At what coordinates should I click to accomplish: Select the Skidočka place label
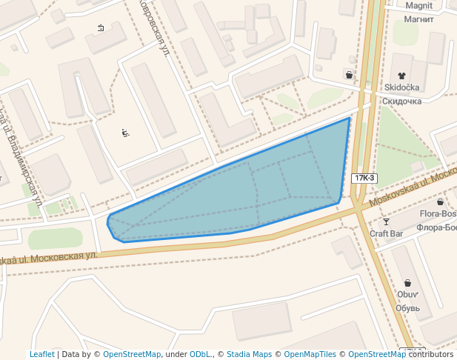coord(402,87)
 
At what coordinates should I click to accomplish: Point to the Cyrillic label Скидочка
coord(402,101)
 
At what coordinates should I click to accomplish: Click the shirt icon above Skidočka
coord(401,75)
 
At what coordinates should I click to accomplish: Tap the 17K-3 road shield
coord(364,178)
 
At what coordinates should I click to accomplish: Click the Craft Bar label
coord(386,233)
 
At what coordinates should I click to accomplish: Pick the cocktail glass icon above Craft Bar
coord(386,221)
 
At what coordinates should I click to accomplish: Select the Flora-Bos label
coord(438,214)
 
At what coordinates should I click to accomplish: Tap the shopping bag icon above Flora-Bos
coord(440,201)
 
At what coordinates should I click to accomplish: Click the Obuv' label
coord(407,294)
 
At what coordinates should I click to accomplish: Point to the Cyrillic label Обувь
coord(407,307)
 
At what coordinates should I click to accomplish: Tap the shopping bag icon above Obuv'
coord(407,282)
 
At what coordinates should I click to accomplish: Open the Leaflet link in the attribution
coord(41,355)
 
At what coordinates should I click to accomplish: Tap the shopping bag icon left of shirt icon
coord(349,75)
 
